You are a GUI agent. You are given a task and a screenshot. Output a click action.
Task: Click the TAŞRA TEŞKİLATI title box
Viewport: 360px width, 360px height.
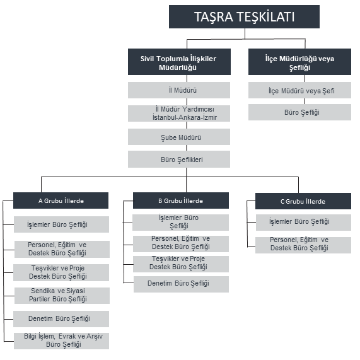(x=244, y=17)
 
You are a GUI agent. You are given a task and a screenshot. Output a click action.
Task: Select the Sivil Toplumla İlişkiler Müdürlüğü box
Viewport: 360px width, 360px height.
(x=179, y=62)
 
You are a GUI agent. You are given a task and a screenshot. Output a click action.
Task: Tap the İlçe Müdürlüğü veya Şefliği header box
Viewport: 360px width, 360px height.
(x=299, y=62)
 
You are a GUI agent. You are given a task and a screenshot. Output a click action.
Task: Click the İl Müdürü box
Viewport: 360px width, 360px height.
(x=179, y=90)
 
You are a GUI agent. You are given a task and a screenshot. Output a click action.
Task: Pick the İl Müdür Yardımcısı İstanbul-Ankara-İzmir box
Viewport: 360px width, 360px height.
(x=179, y=113)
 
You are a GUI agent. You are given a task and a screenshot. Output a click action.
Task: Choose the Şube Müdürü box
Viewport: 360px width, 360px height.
(x=179, y=137)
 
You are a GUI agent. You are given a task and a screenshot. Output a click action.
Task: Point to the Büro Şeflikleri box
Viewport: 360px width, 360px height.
(x=179, y=159)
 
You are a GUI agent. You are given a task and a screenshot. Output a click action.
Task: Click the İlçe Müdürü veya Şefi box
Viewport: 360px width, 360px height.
(x=299, y=90)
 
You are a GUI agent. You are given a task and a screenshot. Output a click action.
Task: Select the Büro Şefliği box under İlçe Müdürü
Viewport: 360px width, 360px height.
(x=299, y=112)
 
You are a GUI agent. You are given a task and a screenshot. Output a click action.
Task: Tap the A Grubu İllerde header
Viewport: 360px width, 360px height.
(x=61, y=200)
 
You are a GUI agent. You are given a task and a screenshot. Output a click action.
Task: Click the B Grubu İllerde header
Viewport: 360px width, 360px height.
(x=181, y=200)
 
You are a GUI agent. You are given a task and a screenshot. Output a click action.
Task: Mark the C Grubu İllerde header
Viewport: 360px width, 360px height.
(x=303, y=201)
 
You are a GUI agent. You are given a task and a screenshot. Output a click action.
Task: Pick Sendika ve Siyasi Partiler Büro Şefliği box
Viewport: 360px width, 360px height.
(x=62, y=296)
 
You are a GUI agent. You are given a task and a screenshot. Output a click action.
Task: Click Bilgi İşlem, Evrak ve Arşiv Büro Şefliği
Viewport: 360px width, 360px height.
(x=62, y=341)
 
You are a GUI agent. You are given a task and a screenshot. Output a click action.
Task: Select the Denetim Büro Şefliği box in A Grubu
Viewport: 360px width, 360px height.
(x=61, y=319)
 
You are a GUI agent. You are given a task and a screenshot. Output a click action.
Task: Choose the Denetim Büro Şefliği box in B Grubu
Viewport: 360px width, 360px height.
(x=181, y=284)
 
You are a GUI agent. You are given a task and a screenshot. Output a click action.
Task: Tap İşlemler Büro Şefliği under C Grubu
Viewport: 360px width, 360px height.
(x=303, y=223)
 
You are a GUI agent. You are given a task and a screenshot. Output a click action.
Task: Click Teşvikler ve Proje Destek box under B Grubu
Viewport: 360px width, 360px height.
(x=181, y=264)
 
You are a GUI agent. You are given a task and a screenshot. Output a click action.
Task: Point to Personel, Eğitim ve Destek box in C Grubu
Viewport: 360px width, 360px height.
(x=303, y=245)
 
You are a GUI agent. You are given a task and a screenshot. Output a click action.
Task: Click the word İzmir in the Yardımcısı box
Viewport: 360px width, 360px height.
(x=209, y=117)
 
